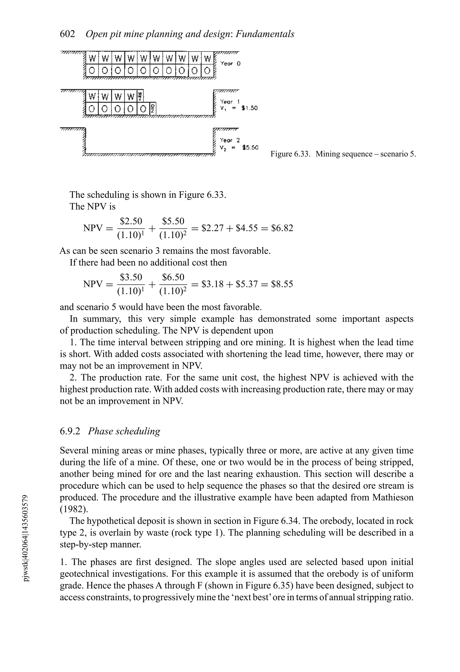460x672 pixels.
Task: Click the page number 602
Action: point(67,34)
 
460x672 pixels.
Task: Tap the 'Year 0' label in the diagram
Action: point(230,63)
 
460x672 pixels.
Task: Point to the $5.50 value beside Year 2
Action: point(250,148)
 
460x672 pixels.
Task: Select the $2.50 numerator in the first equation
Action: point(131,221)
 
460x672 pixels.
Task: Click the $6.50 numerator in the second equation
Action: point(173,277)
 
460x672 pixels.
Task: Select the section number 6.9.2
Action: point(70,431)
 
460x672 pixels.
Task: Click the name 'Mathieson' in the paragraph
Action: point(393,497)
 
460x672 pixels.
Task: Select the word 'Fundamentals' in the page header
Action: point(265,34)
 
